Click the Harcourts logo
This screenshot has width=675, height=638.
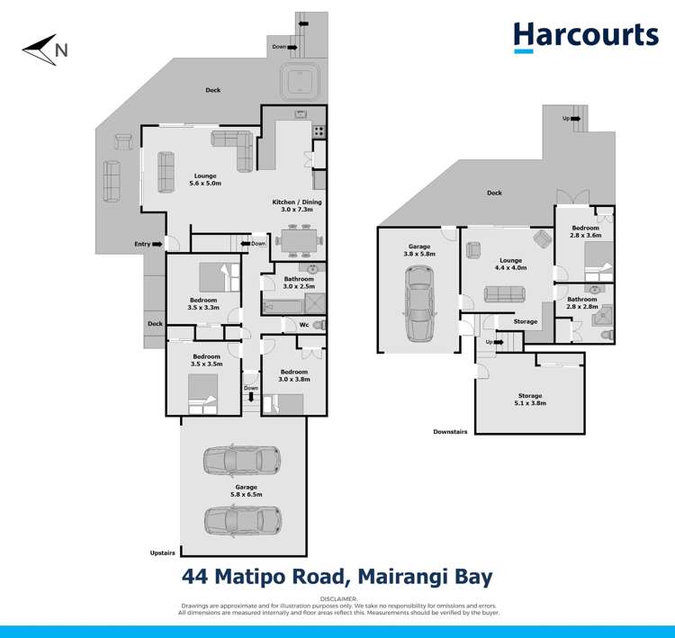click(x=585, y=35)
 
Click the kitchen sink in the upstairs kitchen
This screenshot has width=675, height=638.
click(x=301, y=114)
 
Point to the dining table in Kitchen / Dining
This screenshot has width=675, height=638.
click(x=296, y=240)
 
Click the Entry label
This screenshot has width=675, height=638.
click(x=143, y=244)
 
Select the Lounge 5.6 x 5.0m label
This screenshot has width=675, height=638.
click(x=205, y=179)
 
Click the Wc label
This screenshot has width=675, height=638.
click(x=303, y=325)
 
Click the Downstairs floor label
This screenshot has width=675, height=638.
click(x=450, y=432)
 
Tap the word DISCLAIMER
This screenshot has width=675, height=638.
click(x=337, y=598)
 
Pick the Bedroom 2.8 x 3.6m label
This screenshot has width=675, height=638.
click(x=586, y=233)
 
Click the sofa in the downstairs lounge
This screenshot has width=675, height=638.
click(x=505, y=294)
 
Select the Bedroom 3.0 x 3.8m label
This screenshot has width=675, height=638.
click(x=292, y=375)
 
